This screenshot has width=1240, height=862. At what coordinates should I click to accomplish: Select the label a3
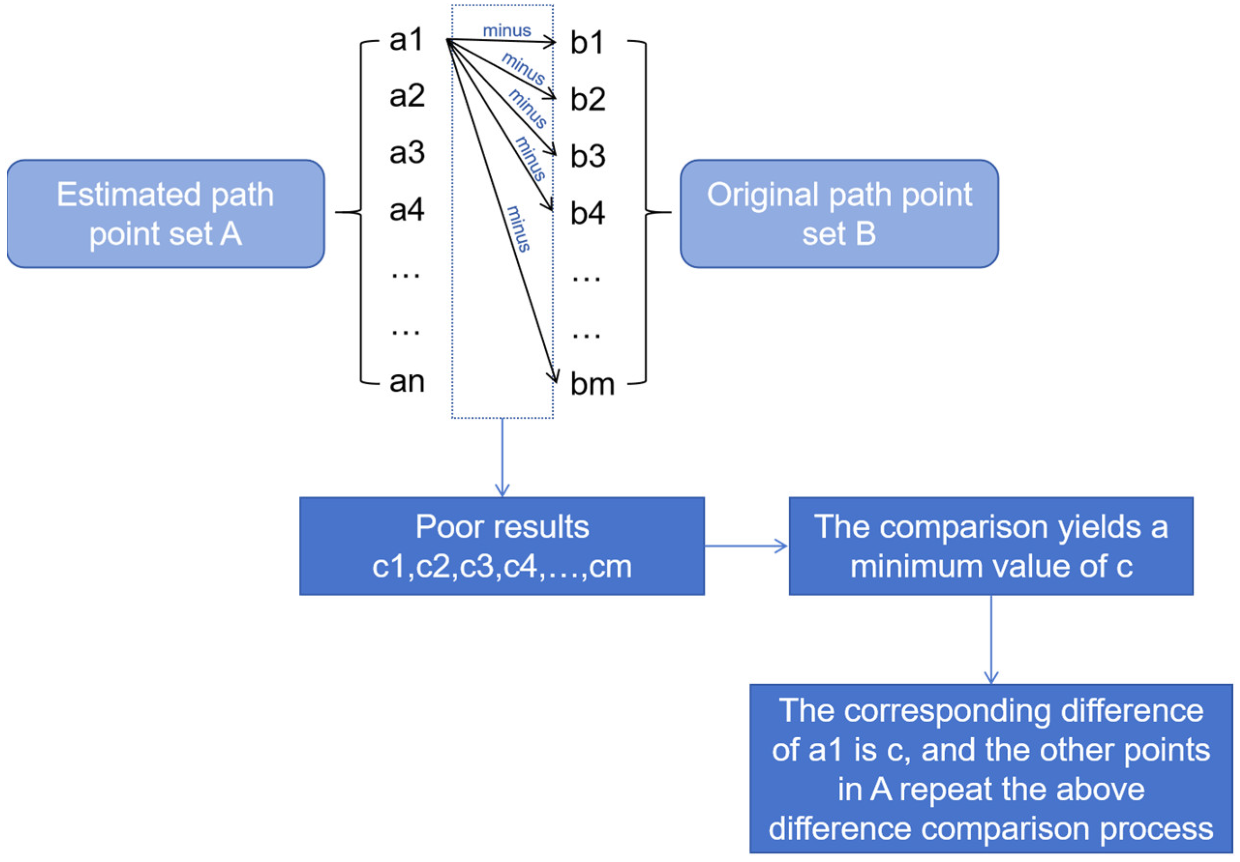[x=407, y=153]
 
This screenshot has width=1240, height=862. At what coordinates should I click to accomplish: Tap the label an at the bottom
[x=407, y=382]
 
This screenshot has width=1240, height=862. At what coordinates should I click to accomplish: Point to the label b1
[x=587, y=43]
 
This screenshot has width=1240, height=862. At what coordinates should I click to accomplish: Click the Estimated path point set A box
[x=165, y=214]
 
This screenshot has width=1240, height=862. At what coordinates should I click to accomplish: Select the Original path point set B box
[x=839, y=214]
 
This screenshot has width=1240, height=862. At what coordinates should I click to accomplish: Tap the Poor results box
[x=502, y=546]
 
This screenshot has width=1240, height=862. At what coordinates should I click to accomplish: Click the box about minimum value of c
[x=991, y=546]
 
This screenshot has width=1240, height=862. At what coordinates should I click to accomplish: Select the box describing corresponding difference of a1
[x=991, y=769]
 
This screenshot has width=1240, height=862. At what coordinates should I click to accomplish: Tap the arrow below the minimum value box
[x=991, y=640]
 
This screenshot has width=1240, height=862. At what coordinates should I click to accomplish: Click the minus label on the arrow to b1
[x=507, y=31]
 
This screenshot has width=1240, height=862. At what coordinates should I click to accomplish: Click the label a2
[x=407, y=96]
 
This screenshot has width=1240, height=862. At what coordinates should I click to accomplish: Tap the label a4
[x=407, y=210]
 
